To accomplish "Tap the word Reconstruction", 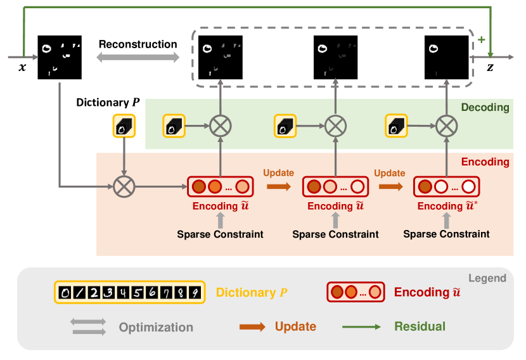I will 138,44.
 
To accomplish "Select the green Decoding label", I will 485,108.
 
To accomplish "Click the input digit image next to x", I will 60,56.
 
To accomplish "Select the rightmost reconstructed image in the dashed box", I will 446,56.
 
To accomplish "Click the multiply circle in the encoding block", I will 124,187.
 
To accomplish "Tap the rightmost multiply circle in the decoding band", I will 446,125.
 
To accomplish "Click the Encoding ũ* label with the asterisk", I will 446,206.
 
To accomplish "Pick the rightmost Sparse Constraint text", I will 446,234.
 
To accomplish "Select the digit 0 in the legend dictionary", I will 64,293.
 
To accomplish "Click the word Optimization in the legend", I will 155,328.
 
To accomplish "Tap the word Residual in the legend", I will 420,327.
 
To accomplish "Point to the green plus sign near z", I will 481,40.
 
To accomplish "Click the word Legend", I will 487,278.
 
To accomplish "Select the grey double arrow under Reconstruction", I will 138,58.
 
